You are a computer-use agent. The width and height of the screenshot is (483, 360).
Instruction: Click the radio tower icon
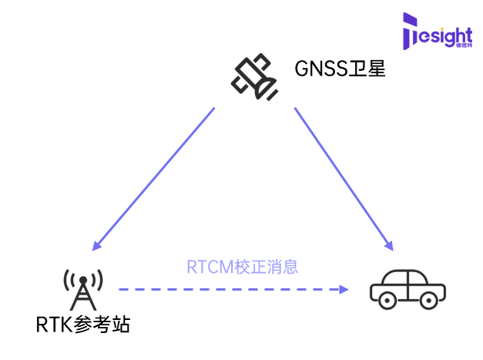coord(83,289)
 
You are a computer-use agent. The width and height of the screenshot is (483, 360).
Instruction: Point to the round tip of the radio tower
coord(83,278)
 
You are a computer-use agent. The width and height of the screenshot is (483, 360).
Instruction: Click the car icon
coord(407,288)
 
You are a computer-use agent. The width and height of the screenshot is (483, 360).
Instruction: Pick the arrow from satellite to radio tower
coord(153,180)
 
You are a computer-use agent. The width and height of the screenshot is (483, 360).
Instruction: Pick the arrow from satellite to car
coord(344,179)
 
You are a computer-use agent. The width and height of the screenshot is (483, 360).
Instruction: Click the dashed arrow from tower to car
coord(231,289)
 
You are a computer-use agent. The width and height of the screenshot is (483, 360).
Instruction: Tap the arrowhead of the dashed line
coord(344,289)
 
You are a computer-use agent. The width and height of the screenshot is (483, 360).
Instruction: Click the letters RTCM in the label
coord(210,267)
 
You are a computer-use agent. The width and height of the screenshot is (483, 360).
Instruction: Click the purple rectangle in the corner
coord(437,35)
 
